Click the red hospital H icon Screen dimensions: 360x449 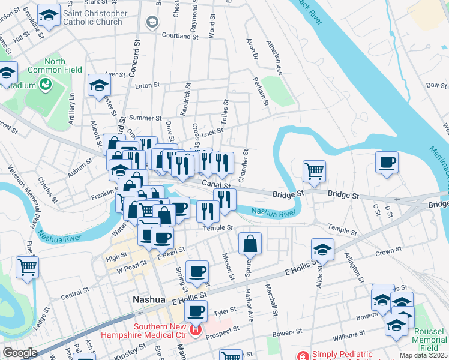195,329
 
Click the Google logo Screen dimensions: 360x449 20,352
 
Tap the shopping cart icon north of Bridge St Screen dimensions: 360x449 314,171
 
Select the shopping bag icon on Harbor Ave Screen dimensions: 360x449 250,244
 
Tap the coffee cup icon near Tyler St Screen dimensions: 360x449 196,311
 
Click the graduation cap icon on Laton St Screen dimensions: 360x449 99,85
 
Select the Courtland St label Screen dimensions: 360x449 180,36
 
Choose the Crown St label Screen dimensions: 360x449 388,253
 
